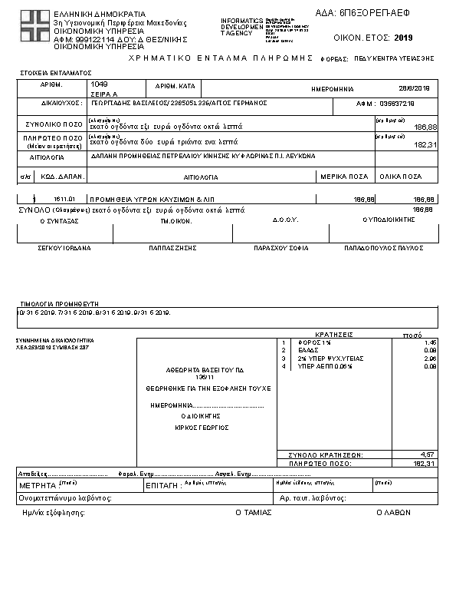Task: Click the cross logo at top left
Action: (34, 28)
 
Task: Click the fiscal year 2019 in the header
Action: (403, 37)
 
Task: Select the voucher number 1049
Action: (99, 83)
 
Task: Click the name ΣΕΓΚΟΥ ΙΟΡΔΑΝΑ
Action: (64, 248)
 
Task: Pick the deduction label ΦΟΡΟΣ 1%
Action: (310, 342)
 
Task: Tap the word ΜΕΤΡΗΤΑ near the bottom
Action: (37, 486)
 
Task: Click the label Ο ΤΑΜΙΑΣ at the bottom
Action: (253, 511)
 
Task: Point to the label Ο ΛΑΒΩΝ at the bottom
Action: (390, 511)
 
